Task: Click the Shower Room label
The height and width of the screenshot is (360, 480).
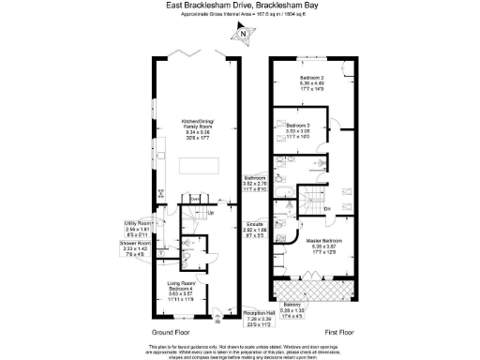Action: (x=137, y=247)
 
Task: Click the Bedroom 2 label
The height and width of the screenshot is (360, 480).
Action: (x=312, y=81)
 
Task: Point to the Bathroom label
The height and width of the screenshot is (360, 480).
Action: (x=256, y=182)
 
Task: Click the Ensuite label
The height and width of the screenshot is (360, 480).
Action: (x=255, y=225)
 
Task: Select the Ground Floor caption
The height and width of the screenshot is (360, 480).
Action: (x=172, y=332)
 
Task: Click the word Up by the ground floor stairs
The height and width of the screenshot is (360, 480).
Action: (x=211, y=212)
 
